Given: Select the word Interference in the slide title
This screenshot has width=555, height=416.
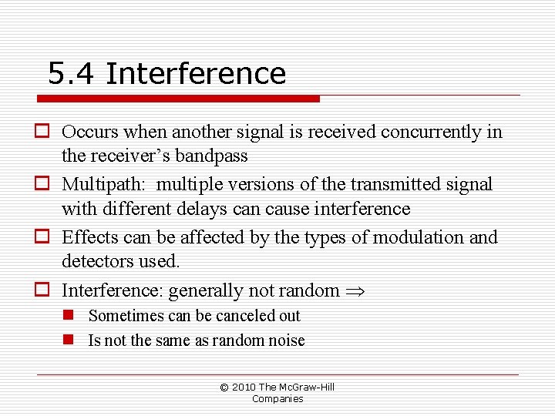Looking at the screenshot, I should coord(196,74).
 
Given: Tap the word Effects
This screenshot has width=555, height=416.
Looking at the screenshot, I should coord(89,237).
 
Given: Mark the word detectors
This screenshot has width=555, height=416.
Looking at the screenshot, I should coord(96,261).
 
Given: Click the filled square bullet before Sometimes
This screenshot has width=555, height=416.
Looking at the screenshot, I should coord(69,316).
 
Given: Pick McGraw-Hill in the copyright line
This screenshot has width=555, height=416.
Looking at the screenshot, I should coord(308,387).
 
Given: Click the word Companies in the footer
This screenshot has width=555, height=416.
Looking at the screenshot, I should coord(277,398).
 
